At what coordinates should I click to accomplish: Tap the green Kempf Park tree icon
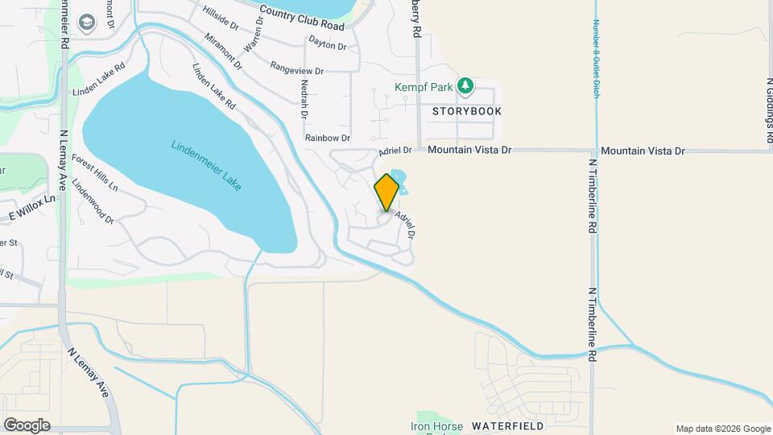(x=465, y=85)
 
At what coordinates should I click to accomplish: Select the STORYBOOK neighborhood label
(x=467, y=111)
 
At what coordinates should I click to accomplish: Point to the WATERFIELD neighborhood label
(x=508, y=425)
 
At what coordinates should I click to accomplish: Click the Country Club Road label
(x=302, y=20)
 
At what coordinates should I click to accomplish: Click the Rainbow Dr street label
(x=327, y=138)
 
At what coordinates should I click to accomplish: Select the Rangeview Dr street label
(x=297, y=69)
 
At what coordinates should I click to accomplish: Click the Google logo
(x=27, y=425)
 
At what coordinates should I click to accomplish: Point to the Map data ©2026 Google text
(x=722, y=429)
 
